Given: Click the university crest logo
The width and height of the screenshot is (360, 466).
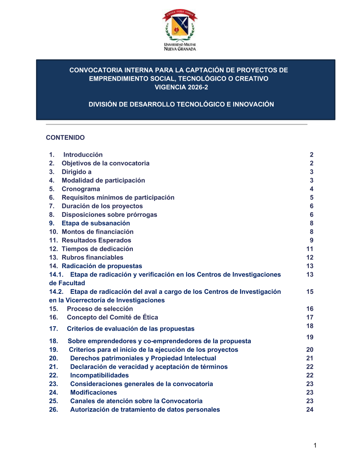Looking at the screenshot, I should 180,25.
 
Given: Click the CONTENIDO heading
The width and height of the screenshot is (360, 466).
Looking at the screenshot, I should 65,138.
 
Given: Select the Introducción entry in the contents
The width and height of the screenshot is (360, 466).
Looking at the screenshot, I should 83,155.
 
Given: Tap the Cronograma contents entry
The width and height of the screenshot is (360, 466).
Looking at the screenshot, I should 81,189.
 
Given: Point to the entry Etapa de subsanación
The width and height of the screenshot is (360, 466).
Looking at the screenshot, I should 96,223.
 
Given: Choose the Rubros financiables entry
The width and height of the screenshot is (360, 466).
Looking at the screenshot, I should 93,257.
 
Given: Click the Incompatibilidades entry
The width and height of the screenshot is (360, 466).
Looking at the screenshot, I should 99,375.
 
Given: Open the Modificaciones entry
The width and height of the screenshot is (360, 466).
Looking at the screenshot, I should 94,393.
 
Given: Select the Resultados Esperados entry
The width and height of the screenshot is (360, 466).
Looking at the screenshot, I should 96,240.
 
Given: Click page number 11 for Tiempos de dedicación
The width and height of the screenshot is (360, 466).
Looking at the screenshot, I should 310,249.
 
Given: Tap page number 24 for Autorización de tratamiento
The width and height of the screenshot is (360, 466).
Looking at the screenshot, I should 310,409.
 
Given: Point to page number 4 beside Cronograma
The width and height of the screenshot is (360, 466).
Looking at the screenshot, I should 311,189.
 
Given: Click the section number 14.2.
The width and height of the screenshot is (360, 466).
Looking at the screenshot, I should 56,292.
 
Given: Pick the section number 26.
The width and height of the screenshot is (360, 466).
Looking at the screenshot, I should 53,409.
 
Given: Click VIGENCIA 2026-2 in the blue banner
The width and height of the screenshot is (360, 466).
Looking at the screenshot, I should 181,87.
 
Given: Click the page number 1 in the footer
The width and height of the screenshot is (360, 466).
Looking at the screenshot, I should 315,445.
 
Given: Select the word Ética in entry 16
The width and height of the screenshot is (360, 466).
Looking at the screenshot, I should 150,317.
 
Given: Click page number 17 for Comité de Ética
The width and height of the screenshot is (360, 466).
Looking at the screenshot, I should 310,317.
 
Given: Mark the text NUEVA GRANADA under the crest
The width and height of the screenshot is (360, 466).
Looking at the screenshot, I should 180,49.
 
